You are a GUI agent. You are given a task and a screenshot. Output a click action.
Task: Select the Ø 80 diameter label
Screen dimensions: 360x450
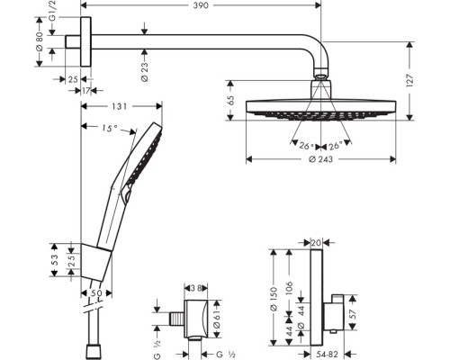39,42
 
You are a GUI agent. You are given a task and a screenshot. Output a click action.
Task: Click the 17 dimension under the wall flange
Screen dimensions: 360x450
86,90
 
